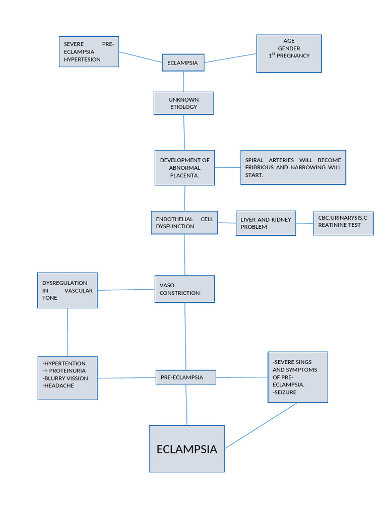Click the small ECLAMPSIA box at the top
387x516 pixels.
pyautogui.click(x=183, y=63)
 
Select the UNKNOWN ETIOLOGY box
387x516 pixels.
pyautogui.click(x=183, y=103)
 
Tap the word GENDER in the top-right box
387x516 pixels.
pyautogui.click(x=289, y=48)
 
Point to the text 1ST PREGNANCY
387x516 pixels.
pyautogui.click(x=289, y=55)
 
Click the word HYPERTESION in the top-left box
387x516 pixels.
pyautogui.click(x=82, y=59)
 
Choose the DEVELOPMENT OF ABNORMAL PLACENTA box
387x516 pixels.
pyautogui.click(x=184, y=167)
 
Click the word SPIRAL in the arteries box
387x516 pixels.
pyautogui.click(x=254, y=160)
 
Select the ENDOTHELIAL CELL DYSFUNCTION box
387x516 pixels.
pyautogui.click(x=184, y=223)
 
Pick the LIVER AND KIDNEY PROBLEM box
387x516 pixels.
pyautogui.click(x=266, y=223)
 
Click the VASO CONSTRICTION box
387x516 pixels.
pyautogui.click(x=184, y=289)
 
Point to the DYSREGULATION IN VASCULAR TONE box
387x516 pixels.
pyautogui.click(x=68, y=290)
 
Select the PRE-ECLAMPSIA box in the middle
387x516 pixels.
pyautogui.click(x=185, y=377)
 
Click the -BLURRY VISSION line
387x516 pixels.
pyautogui.click(x=66, y=378)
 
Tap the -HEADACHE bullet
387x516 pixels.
pyautogui.click(x=58, y=385)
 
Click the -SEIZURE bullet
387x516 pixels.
pyautogui.click(x=285, y=392)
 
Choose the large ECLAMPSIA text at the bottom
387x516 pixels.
pyautogui.click(x=186, y=449)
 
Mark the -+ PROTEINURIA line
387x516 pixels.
pyautogui.click(x=64, y=371)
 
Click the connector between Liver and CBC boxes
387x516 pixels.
pyautogui.click(x=304, y=223)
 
